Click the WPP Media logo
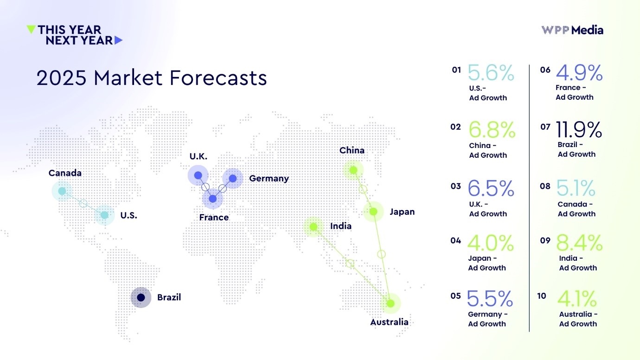(572, 30)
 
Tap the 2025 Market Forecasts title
(152, 78)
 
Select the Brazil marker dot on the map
(141, 297)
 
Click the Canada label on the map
(65, 173)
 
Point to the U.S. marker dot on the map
(104, 215)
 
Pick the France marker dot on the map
(212, 199)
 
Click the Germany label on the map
(269, 179)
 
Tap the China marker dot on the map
(353, 170)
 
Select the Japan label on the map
(402, 212)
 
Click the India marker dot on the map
(314, 227)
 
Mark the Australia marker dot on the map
(390, 303)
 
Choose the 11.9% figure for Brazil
(579, 129)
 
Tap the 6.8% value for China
(492, 130)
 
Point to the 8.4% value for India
(579, 243)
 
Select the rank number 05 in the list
(456, 296)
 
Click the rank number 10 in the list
(542, 296)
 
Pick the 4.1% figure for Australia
(577, 299)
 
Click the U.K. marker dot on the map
(198, 175)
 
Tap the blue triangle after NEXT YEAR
(119, 40)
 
